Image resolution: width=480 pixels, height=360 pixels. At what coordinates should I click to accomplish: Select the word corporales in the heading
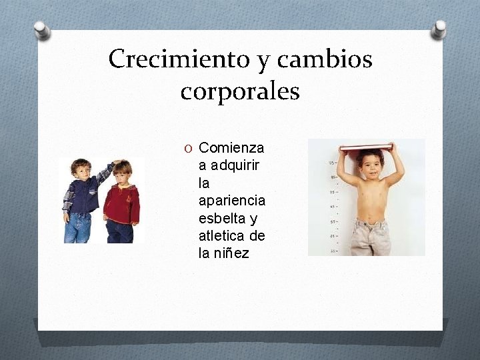[240, 91]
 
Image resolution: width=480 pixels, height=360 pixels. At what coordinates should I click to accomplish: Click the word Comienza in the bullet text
[231, 147]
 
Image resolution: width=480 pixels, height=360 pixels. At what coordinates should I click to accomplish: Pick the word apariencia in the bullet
[231, 200]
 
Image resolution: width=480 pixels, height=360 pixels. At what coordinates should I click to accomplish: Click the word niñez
[231, 253]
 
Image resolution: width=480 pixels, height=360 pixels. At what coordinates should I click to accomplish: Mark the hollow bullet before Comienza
[189, 147]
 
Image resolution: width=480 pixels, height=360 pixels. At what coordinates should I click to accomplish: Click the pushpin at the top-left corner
[42, 29]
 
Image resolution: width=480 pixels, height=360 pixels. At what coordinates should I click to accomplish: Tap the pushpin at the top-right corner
[439, 29]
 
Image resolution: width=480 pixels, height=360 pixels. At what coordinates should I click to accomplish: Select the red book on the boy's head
[366, 148]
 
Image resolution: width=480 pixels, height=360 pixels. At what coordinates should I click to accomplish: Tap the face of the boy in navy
[81, 171]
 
